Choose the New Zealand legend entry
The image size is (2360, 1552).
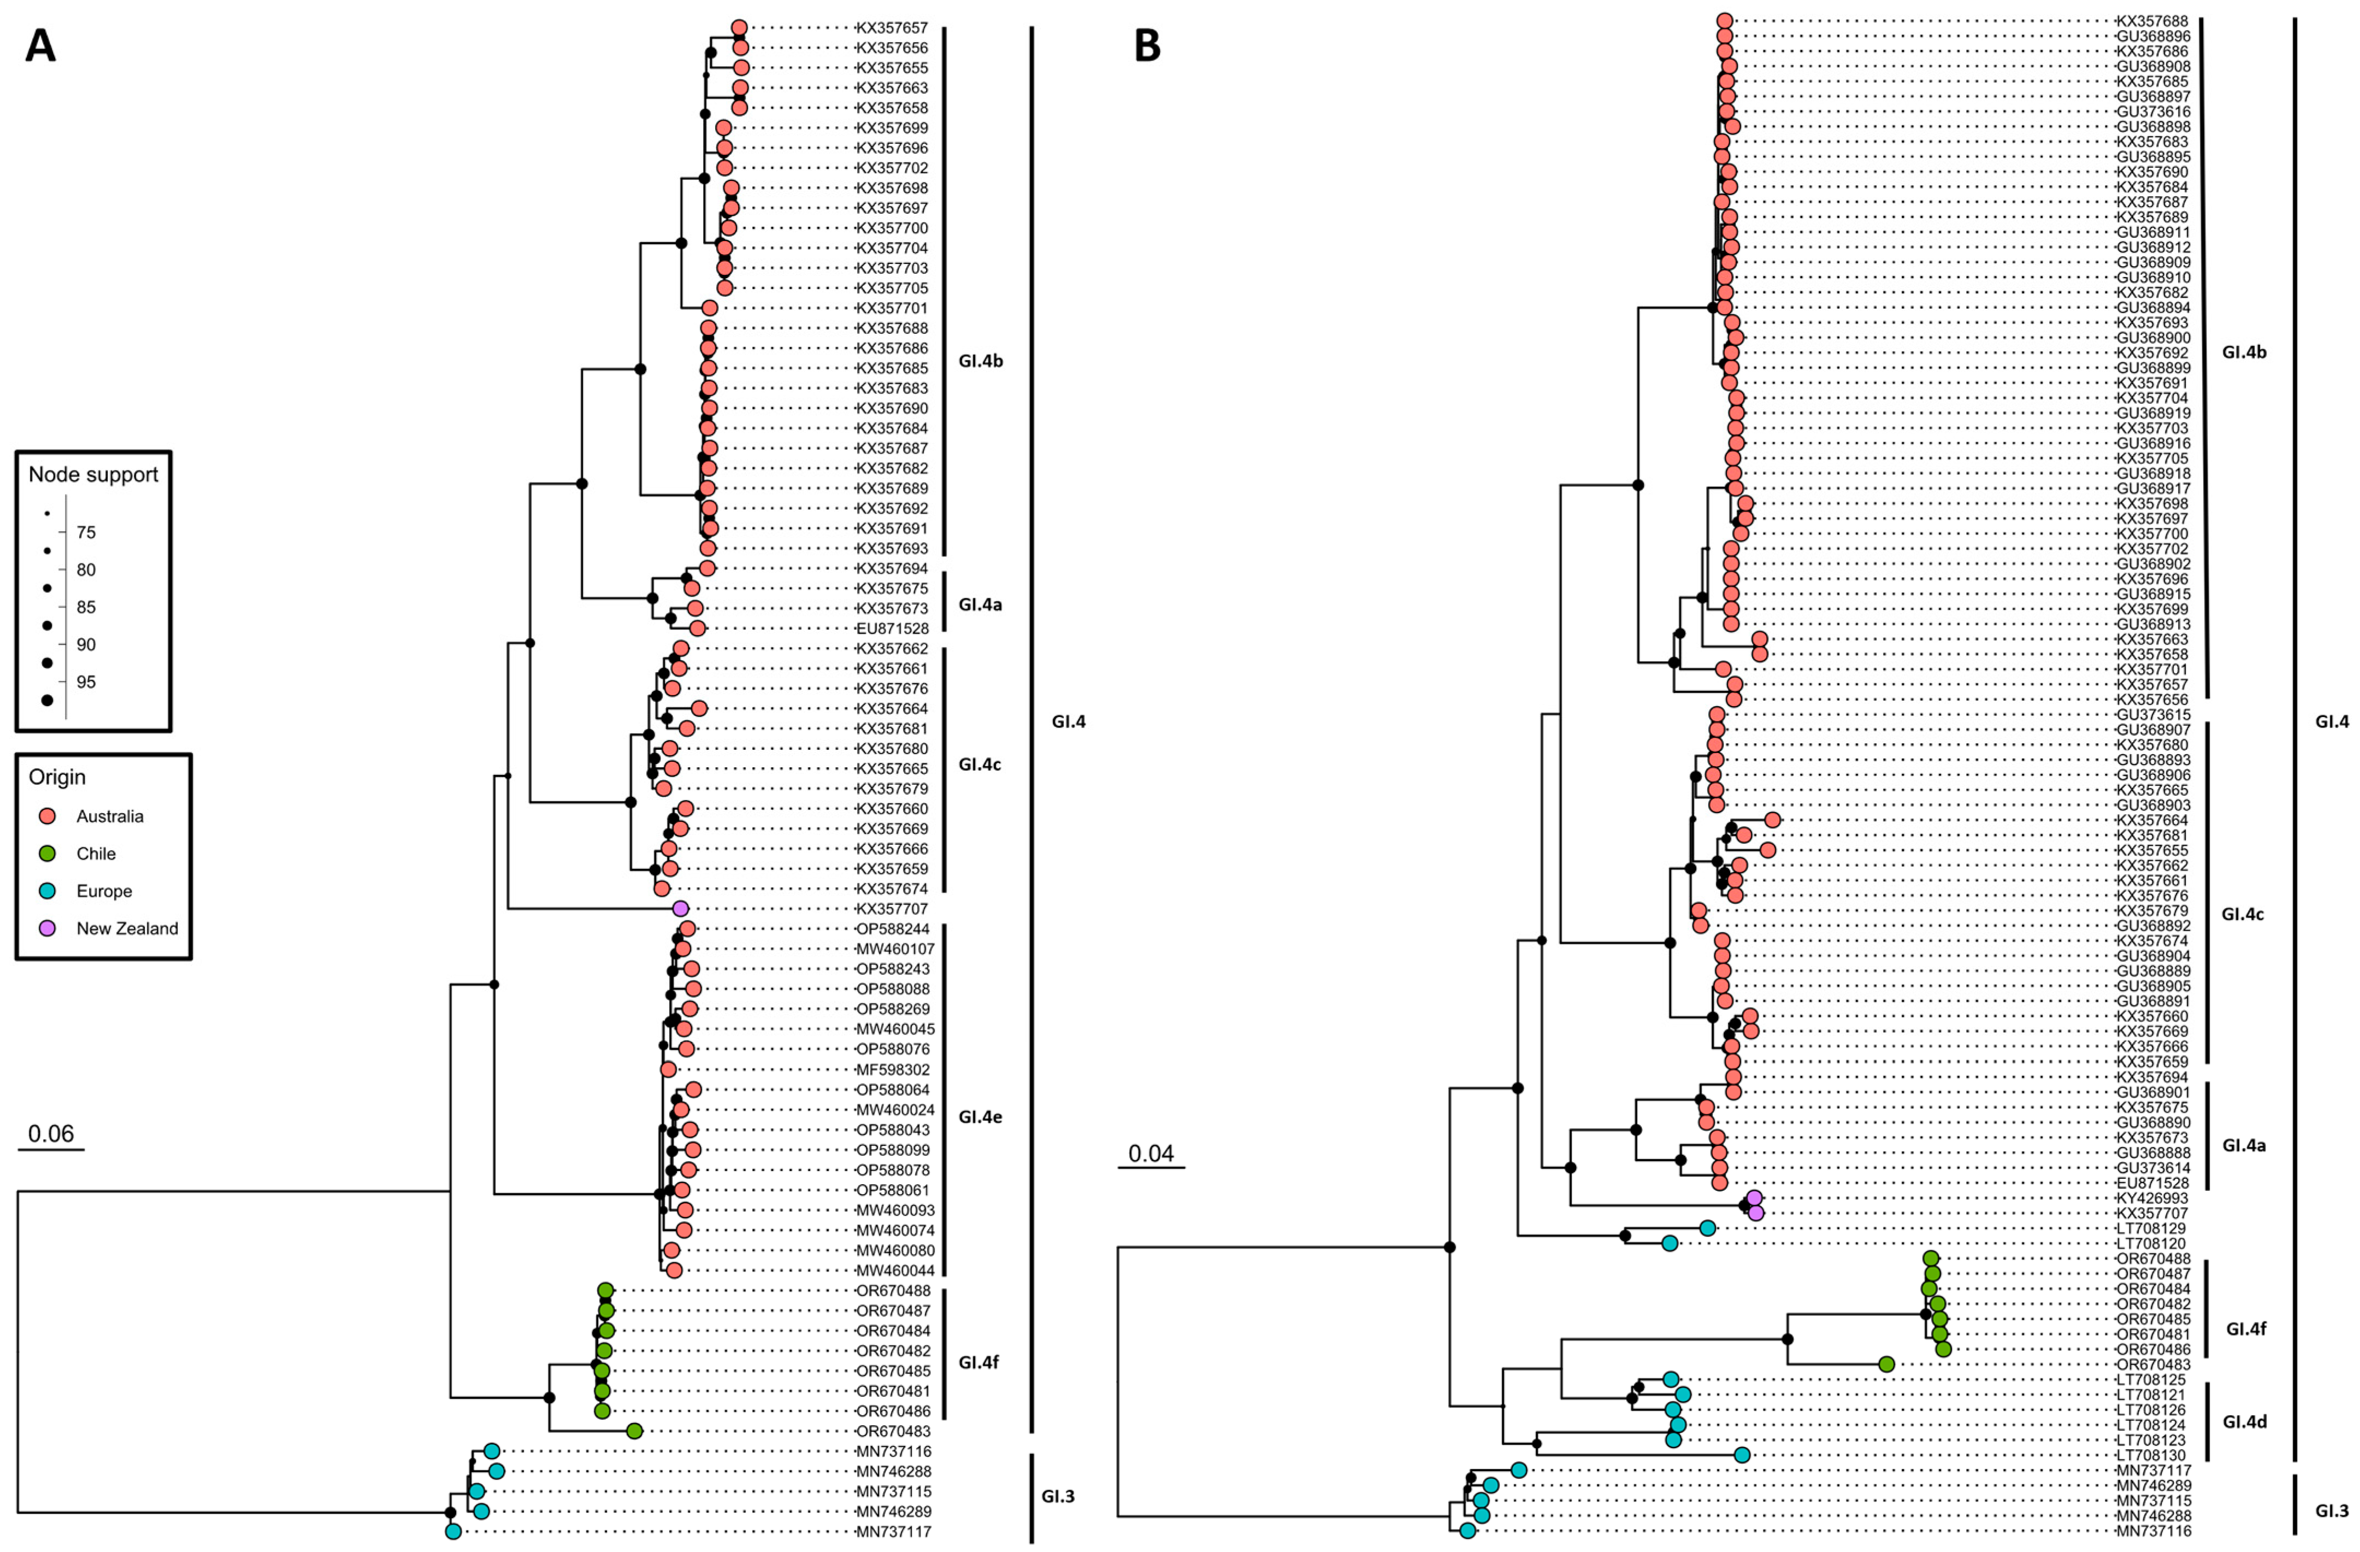coord(127,929)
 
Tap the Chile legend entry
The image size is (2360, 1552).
coord(96,854)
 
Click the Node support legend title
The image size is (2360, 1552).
coord(93,475)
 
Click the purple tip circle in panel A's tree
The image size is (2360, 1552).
coord(680,908)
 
